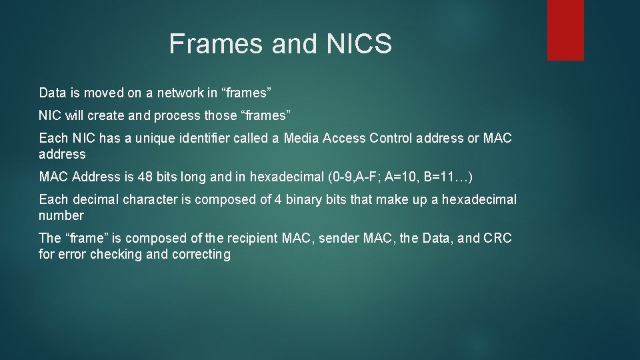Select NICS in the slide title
[x=359, y=44]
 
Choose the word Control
[x=397, y=138]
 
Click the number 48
[x=145, y=177]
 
